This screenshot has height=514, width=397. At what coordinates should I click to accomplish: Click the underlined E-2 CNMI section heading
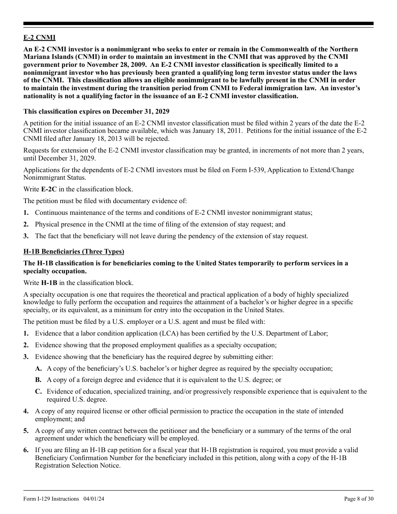[x=39, y=38]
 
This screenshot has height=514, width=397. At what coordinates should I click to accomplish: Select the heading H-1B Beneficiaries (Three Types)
[x=74, y=252]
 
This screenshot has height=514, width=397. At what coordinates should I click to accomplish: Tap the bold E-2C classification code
[x=49, y=189]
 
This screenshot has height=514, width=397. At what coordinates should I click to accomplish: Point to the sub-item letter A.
[x=38, y=369]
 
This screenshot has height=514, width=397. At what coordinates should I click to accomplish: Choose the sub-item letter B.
[x=38, y=380]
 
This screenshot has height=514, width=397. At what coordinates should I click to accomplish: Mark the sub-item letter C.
[x=38, y=392]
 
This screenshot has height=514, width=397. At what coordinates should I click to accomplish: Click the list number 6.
[x=26, y=450]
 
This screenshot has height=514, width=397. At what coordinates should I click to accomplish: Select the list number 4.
[x=26, y=411]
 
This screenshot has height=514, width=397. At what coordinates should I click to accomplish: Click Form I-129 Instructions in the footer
[x=51, y=499]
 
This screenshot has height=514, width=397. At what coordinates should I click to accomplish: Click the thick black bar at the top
[x=198, y=24]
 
